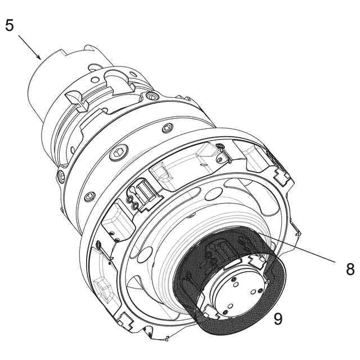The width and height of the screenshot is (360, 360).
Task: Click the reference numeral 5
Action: point(10,25)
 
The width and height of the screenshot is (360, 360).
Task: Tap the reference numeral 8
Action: point(350,269)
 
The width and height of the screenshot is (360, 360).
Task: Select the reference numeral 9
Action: point(278,318)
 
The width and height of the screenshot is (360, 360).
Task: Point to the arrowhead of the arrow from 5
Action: point(39,57)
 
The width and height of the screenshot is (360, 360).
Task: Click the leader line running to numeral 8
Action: point(296,247)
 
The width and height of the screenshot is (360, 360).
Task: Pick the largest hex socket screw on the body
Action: point(118,152)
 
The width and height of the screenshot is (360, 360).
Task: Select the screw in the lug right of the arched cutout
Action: point(151,96)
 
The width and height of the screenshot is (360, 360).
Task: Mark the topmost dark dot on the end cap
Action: point(233,280)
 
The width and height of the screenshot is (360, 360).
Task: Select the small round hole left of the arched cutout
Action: point(94,80)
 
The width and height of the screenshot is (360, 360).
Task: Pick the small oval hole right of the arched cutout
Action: point(133,74)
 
